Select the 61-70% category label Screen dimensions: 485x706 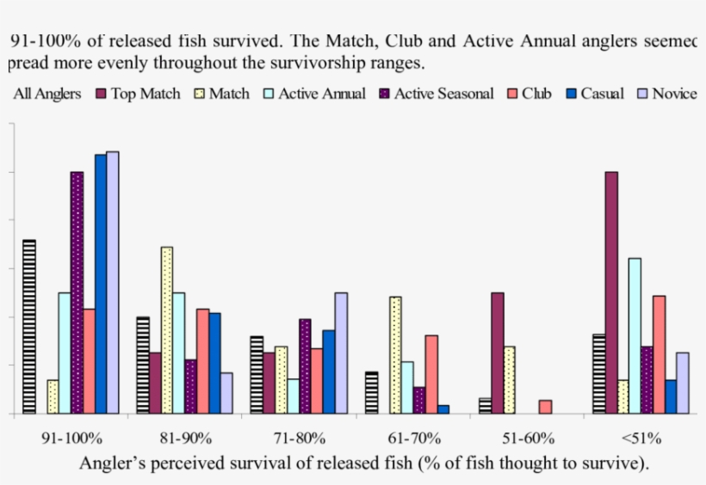click(x=413, y=438)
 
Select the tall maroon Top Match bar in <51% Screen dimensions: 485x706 click(x=611, y=292)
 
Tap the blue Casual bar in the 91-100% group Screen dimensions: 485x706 click(x=101, y=284)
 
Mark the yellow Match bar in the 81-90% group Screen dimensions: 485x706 click(x=166, y=330)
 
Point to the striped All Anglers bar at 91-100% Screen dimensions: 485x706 click(x=28, y=326)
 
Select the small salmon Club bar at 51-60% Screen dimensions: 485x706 click(x=545, y=407)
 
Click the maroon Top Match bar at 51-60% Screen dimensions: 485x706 click(x=497, y=353)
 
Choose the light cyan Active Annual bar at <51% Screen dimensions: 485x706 click(x=635, y=335)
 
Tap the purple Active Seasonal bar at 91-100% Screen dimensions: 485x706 click(x=77, y=292)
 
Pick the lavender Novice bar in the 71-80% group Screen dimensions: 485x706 click(x=341, y=353)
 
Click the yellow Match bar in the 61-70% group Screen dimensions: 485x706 click(x=395, y=355)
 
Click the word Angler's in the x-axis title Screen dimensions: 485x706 click(x=113, y=464)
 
